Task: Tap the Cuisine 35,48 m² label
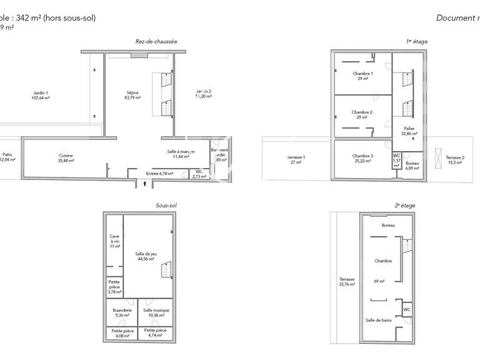pyautogui.click(x=66, y=157)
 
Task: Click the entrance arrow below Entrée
pyautogui.click(x=145, y=184)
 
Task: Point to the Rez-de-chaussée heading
pyautogui.click(x=156, y=41)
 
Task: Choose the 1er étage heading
pyautogui.click(x=416, y=41)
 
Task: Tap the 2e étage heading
pyautogui.click(x=405, y=205)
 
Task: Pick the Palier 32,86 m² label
pyautogui.click(x=409, y=131)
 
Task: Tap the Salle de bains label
pyautogui.click(x=378, y=320)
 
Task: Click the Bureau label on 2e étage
pyautogui.click(x=389, y=225)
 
